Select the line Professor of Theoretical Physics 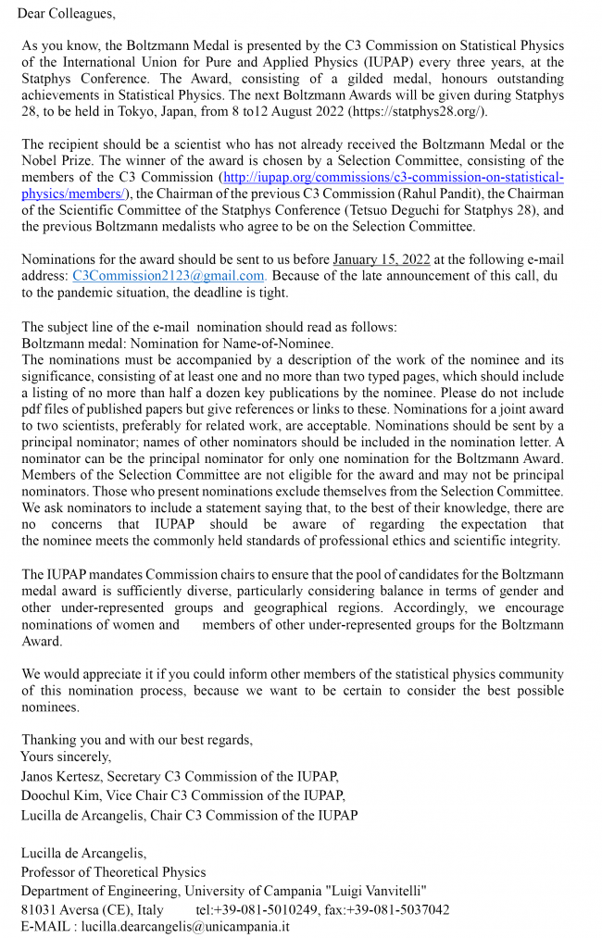113,871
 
